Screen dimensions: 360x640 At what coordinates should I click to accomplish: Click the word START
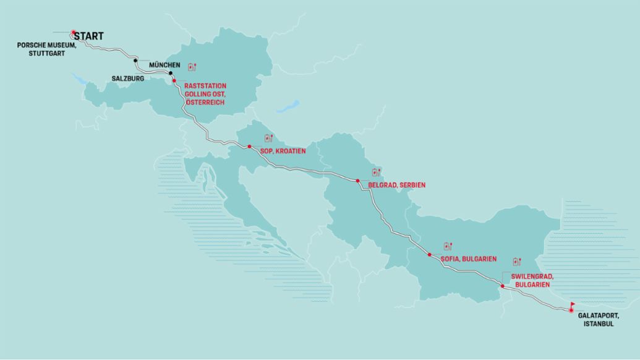(89, 36)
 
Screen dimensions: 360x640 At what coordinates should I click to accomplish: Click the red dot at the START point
(73, 32)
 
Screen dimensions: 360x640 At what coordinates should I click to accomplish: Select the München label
(164, 65)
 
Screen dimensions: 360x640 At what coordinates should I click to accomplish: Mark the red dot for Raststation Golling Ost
(174, 81)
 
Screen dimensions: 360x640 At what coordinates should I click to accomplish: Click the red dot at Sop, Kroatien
(249, 147)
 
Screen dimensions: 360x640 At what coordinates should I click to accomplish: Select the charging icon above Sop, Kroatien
(268, 138)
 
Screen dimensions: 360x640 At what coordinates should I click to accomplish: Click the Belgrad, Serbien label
(396, 185)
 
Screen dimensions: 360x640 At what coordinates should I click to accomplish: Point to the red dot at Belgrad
(357, 181)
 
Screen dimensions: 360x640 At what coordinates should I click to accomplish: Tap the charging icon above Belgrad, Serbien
(375, 172)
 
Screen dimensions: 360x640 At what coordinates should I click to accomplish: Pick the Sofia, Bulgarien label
(469, 259)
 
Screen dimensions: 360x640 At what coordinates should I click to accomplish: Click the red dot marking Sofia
(429, 254)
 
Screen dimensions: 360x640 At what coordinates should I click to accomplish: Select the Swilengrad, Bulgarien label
(531, 280)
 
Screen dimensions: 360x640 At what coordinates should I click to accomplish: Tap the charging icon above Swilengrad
(517, 262)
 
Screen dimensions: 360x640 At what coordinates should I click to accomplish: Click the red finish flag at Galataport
(573, 306)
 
